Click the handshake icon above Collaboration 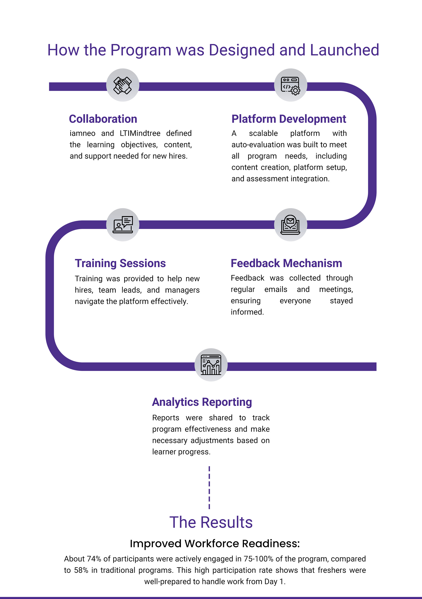tap(123, 85)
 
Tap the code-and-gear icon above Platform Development tap(291, 85)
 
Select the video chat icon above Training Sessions tap(123, 225)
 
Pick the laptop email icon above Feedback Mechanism tap(291, 225)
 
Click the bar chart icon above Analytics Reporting tap(211, 365)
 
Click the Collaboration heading tap(103, 119)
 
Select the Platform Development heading tap(289, 119)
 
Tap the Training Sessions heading tap(120, 263)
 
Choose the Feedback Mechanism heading tap(286, 263)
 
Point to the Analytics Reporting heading tap(202, 402)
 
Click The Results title tap(211, 522)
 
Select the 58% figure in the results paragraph tap(81, 570)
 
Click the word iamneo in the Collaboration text tap(82, 133)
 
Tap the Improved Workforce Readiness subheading tap(215, 544)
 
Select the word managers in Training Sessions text tap(182, 290)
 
